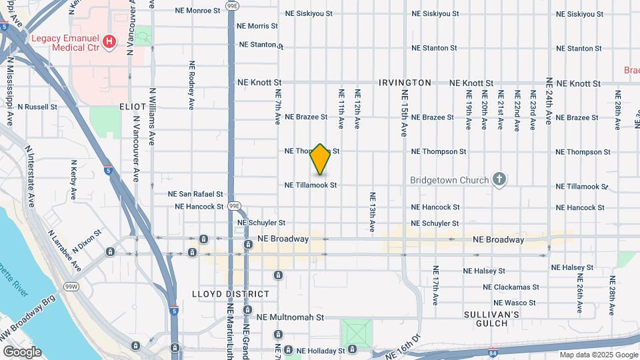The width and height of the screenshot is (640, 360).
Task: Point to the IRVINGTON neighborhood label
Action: (405, 83)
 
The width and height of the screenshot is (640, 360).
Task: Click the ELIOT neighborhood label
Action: (133, 107)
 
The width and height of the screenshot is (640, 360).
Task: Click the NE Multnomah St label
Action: (290, 318)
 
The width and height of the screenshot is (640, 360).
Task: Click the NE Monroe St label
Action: (197, 11)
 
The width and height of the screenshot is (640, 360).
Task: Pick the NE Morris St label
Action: (257, 26)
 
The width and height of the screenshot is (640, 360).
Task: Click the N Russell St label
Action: (37, 107)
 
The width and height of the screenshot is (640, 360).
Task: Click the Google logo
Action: (22, 352)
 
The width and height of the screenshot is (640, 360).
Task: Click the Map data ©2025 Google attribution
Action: (598, 355)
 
